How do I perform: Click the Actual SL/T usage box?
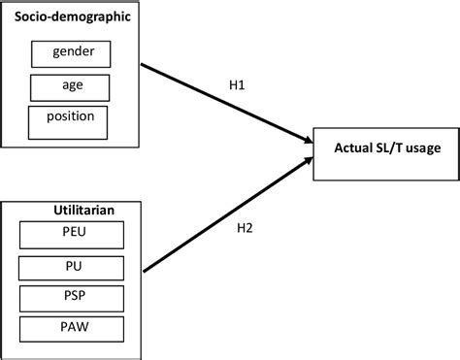pyautogui.click(x=385, y=149)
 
